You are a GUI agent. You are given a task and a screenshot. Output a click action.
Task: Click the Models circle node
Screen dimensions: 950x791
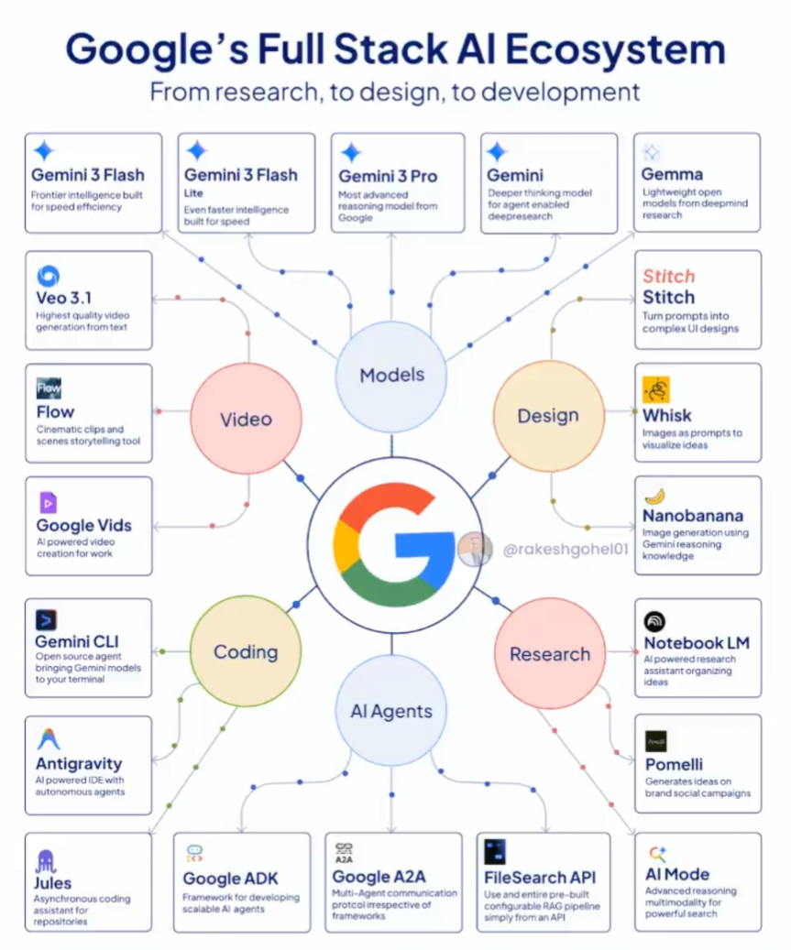[x=391, y=375]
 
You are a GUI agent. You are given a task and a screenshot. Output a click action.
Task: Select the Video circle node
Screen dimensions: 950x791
[x=246, y=420]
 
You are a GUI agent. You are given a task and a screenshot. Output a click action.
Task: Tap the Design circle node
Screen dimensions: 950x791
[x=548, y=416]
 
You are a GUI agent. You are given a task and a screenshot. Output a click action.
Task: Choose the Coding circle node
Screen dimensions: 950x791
[x=246, y=652]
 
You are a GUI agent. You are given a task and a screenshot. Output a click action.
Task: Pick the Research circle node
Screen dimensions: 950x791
[x=550, y=654]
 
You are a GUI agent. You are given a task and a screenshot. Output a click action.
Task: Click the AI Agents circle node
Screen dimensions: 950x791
[x=391, y=711]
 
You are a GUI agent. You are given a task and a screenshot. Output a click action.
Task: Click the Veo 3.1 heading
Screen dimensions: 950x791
[x=64, y=298]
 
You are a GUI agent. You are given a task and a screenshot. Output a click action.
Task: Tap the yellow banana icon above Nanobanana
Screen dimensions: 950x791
[x=654, y=496]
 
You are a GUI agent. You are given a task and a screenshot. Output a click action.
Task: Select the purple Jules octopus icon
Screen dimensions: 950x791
[x=46, y=861]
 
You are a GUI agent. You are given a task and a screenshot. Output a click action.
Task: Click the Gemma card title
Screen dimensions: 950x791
[x=673, y=174]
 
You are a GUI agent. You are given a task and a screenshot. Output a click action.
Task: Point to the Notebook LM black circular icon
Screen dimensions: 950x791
[x=654, y=621]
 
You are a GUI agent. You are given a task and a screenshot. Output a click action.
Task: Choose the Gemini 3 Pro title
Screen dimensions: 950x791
[x=388, y=176]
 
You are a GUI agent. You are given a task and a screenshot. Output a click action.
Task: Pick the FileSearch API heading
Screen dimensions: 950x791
[x=539, y=878]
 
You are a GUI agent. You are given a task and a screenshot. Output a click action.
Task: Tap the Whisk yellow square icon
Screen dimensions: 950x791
[x=655, y=389]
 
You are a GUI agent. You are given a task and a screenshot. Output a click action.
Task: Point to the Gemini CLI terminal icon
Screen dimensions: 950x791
[x=46, y=620]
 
